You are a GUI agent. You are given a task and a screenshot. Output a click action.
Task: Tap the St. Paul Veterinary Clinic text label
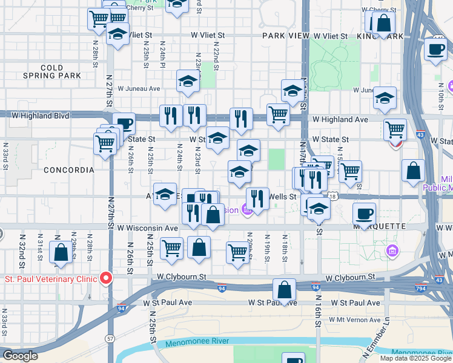pyautogui.click(x=52, y=279)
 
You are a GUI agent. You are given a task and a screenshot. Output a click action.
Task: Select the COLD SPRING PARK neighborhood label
pyautogui.click(x=51, y=71)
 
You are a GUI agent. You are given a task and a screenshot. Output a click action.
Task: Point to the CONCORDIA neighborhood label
pyautogui.click(x=69, y=170)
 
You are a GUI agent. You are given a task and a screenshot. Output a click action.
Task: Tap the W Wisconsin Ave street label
pyautogui.click(x=148, y=228)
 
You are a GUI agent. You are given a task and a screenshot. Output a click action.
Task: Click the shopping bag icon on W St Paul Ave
pyautogui.click(x=284, y=289)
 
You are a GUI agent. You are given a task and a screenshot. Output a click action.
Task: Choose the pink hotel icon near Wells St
pyautogui.click(x=246, y=210)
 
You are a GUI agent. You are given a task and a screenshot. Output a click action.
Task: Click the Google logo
pyautogui.click(x=20, y=356)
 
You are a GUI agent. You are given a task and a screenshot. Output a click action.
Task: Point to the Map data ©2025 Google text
pyautogui.click(x=415, y=358)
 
